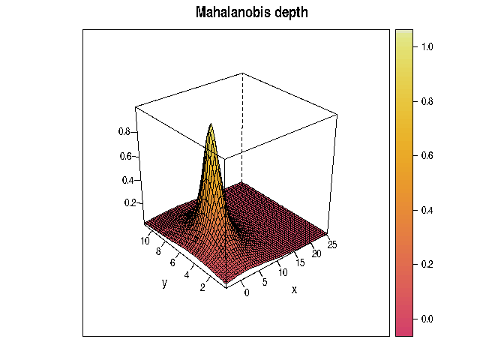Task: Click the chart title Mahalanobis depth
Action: point(251,13)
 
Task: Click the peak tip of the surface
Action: point(211,124)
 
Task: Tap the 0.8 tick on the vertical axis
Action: point(124,131)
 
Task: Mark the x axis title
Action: point(294,289)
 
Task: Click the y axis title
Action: point(163,283)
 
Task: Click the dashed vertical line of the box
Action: point(242,112)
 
